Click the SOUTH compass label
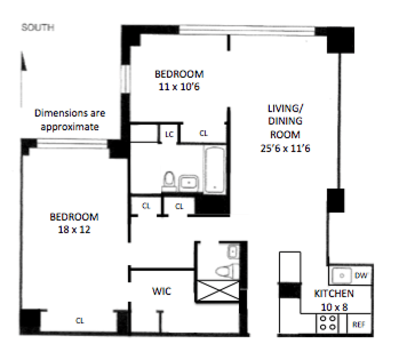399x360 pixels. click(x=38, y=27)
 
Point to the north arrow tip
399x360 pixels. click(x=22, y=52)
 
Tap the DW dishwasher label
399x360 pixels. click(x=361, y=275)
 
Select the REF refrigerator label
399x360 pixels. click(x=359, y=325)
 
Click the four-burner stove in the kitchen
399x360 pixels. click(x=328, y=323)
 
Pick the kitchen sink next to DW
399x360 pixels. click(x=342, y=275)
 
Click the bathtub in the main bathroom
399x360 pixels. click(x=214, y=170)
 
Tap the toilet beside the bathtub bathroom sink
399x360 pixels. click(x=169, y=181)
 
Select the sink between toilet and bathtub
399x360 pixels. click(x=189, y=182)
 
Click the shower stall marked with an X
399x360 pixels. click(x=218, y=291)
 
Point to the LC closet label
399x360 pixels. click(x=169, y=134)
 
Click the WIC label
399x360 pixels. click(x=162, y=291)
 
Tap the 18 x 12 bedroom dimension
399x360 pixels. click(x=74, y=229)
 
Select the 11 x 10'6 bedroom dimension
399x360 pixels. click(x=179, y=87)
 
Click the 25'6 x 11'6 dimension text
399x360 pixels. click(x=285, y=148)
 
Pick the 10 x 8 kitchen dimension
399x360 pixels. click(x=334, y=307)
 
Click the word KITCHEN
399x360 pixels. click(x=334, y=294)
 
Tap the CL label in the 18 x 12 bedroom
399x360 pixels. click(x=80, y=321)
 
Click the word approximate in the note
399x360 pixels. click(x=69, y=127)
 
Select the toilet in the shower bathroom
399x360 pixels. click(x=226, y=271)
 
